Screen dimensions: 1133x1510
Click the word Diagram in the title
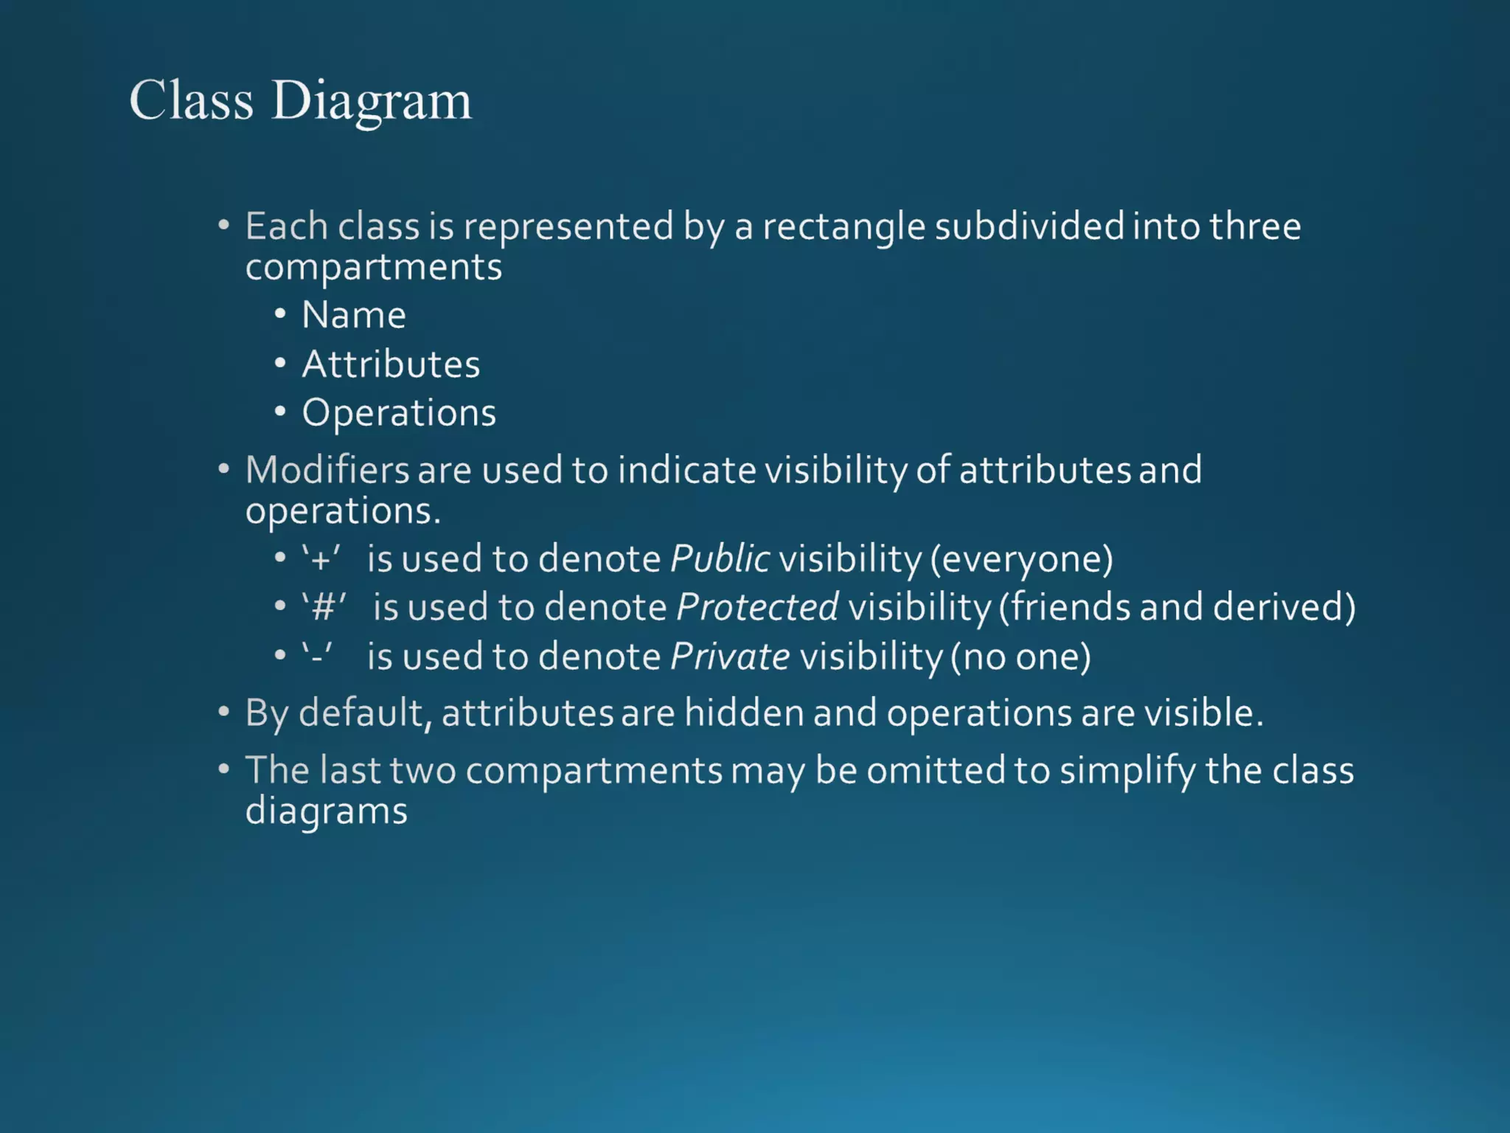coord(372,101)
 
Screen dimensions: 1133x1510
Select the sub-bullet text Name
coord(354,315)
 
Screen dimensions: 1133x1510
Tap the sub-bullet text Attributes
coord(391,364)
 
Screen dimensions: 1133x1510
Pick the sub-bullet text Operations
coord(399,412)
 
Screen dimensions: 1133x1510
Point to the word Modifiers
coord(327,470)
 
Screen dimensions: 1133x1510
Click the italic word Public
coord(720,558)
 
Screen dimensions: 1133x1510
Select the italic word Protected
coord(757,607)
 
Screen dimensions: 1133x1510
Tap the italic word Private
coord(730,656)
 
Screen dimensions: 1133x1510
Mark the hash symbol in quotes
coord(323,608)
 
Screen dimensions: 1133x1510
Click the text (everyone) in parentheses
coord(1021,558)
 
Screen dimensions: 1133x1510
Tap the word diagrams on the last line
coord(326,811)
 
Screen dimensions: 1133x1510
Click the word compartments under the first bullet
coord(373,267)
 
